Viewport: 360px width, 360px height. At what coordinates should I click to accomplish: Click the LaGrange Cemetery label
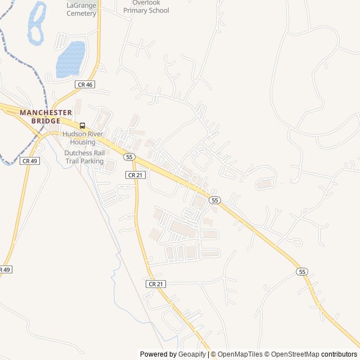[82, 9]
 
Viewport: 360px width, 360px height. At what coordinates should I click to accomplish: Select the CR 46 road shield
[84, 84]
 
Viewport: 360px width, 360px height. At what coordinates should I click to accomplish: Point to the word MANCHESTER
[46, 112]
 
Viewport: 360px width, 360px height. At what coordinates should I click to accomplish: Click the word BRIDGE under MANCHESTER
[46, 120]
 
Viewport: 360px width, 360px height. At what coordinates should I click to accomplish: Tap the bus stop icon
[83, 125]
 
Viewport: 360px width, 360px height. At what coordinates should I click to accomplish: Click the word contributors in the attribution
[340, 354]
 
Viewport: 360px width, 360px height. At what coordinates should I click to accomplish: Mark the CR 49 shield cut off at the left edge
[4, 270]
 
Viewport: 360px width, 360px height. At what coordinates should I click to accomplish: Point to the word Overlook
[146, 3]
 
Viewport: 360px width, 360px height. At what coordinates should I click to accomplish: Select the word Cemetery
[82, 13]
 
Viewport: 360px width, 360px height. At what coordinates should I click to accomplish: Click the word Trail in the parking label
[71, 161]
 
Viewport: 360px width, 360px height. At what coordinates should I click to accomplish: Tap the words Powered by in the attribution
[157, 354]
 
